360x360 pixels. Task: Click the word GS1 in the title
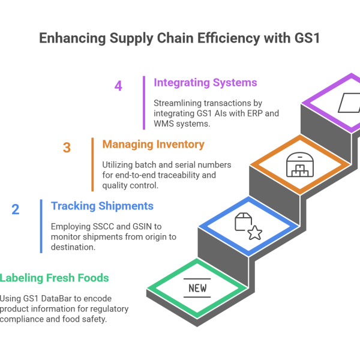[305, 38]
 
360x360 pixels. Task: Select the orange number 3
[67, 147]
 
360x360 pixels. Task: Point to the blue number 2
[15, 209]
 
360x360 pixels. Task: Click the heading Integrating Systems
[205, 82]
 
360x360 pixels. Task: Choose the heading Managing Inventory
[153, 144]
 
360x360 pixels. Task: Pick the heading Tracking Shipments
[102, 206]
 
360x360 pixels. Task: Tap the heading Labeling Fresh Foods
[55, 278]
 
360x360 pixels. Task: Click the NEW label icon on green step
[197, 289]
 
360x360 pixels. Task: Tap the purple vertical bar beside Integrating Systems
[144, 102]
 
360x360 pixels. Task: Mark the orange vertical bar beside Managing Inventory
[92, 164]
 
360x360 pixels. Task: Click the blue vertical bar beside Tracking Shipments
[41, 226]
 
